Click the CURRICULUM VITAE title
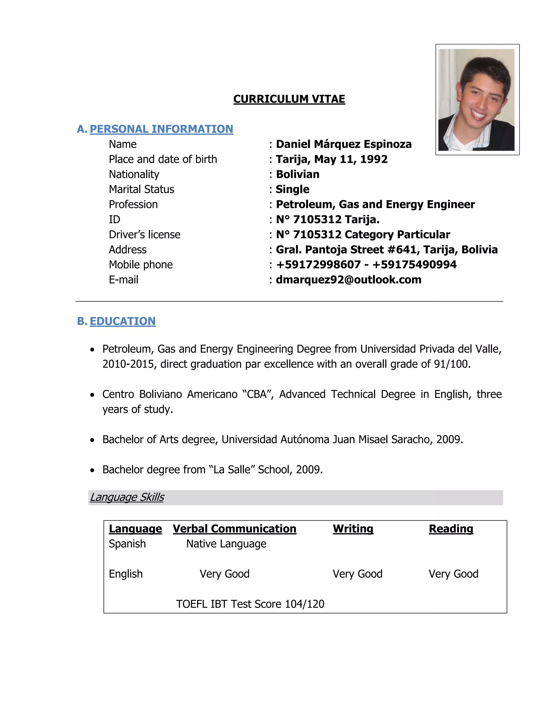point(289,99)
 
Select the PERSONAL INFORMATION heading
point(161,129)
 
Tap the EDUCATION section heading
point(123,321)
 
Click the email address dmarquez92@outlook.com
point(349,280)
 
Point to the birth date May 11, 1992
point(351,159)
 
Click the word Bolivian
point(298,175)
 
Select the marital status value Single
point(292,189)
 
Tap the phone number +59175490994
point(414,265)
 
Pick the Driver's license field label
point(144,235)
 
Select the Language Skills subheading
point(127,497)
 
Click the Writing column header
point(353,529)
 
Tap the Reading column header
point(451,529)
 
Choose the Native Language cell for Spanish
point(226,544)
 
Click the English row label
point(126,574)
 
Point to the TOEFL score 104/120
point(304,604)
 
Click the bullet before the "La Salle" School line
point(93,470)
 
